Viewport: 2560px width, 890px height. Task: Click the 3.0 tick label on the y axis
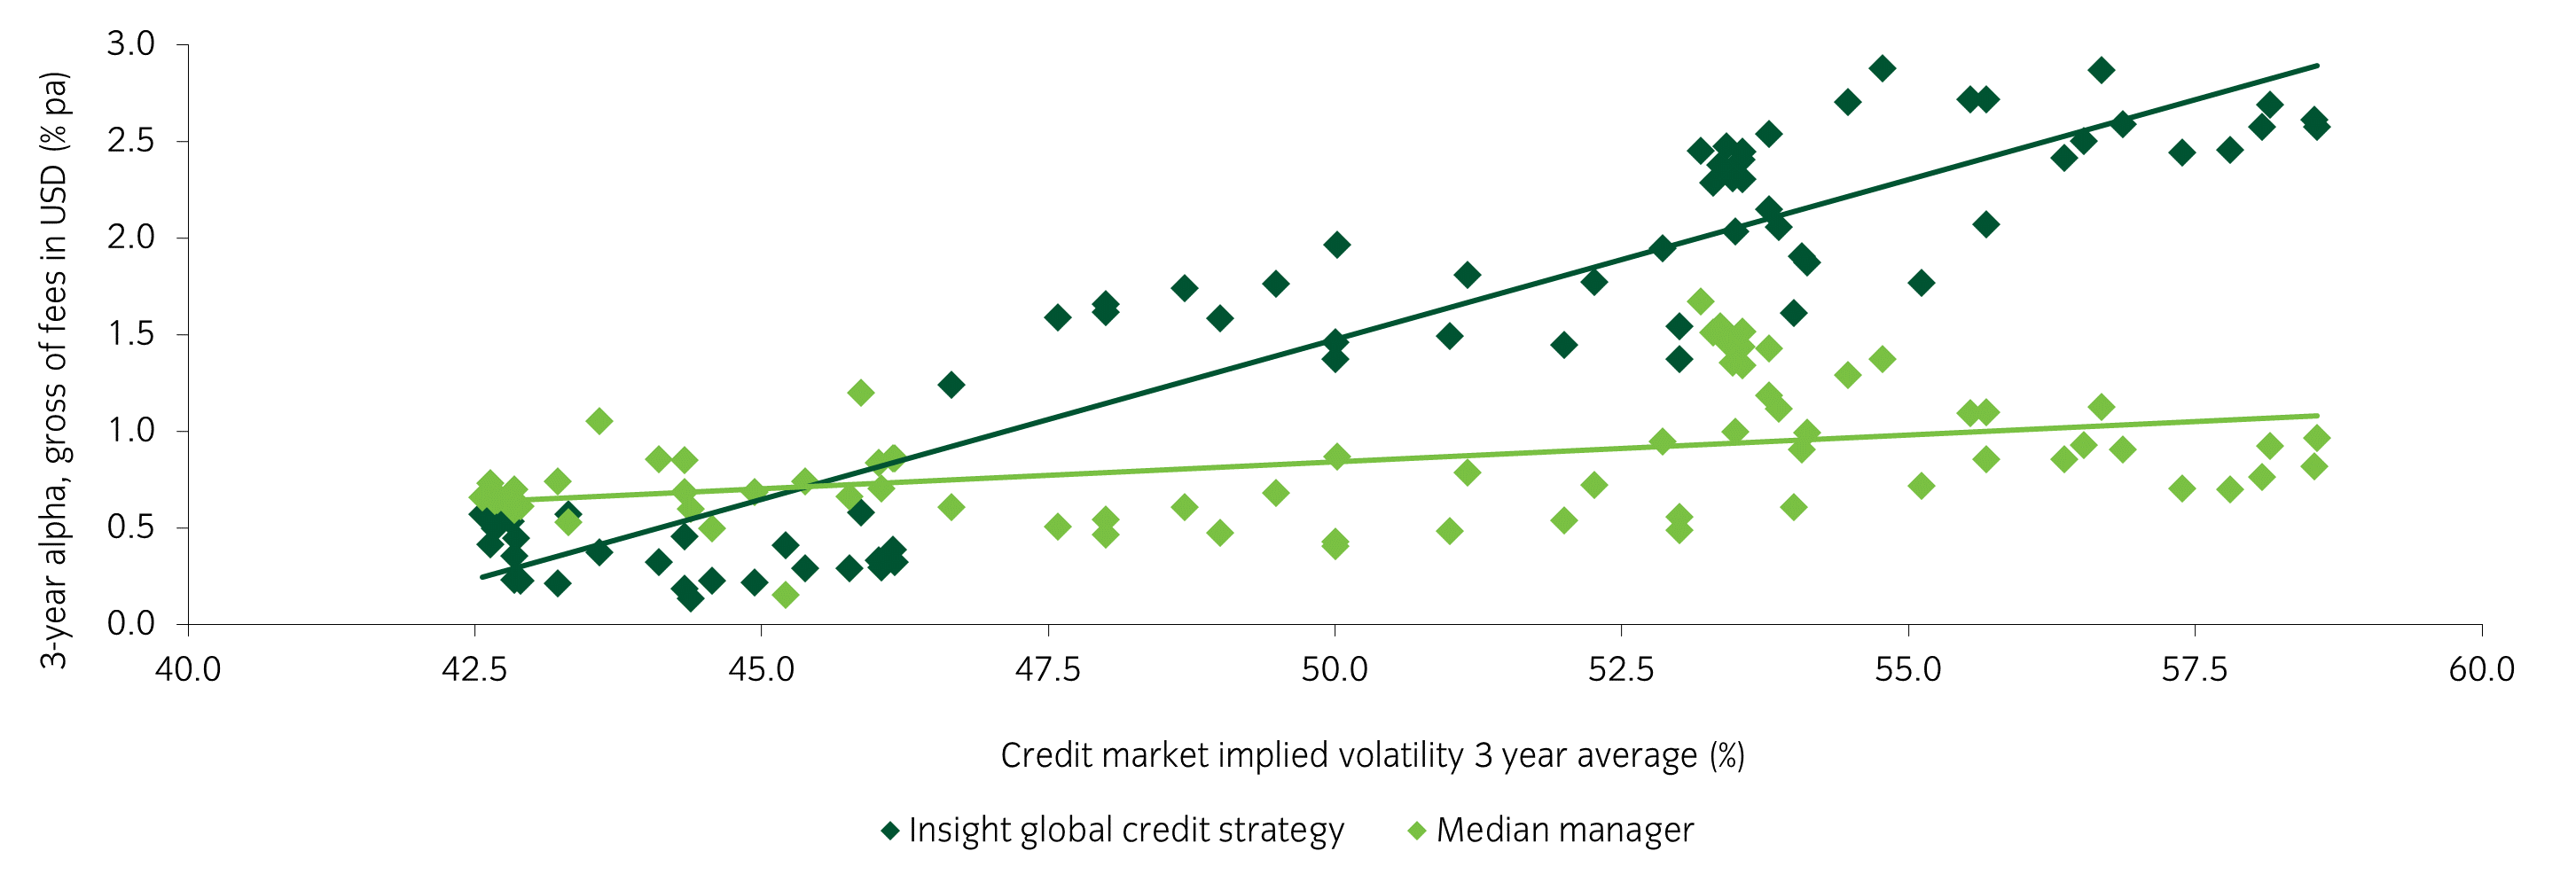click(x=131, y=43)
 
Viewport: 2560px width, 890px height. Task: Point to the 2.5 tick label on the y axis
click(x=131, y=141)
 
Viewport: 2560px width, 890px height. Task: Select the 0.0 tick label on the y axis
click(x=131, y=624)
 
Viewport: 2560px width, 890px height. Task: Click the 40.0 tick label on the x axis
click(x=188, y=669)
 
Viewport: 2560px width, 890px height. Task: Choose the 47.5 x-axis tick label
click(x=1047, y=669)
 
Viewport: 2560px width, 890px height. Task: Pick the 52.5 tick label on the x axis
click(x=1621, y=669)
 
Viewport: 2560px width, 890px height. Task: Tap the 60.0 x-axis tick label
click(x=2481, y=669)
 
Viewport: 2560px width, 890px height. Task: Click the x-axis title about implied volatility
click(x=1372, y=756)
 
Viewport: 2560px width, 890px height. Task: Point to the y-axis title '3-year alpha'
click(x=54, y=370)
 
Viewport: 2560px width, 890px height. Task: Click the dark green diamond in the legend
click(x=890, y=831)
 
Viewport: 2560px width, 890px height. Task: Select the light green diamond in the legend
click(x=1417, y=831)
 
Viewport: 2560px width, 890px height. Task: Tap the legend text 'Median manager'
click(x=1564, y=831)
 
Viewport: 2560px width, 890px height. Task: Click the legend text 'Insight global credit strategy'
click(x=1125, y=831)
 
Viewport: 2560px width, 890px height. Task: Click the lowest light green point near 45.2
click(x=785, y=595)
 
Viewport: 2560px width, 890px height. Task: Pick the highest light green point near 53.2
click(x=1701, y=301)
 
